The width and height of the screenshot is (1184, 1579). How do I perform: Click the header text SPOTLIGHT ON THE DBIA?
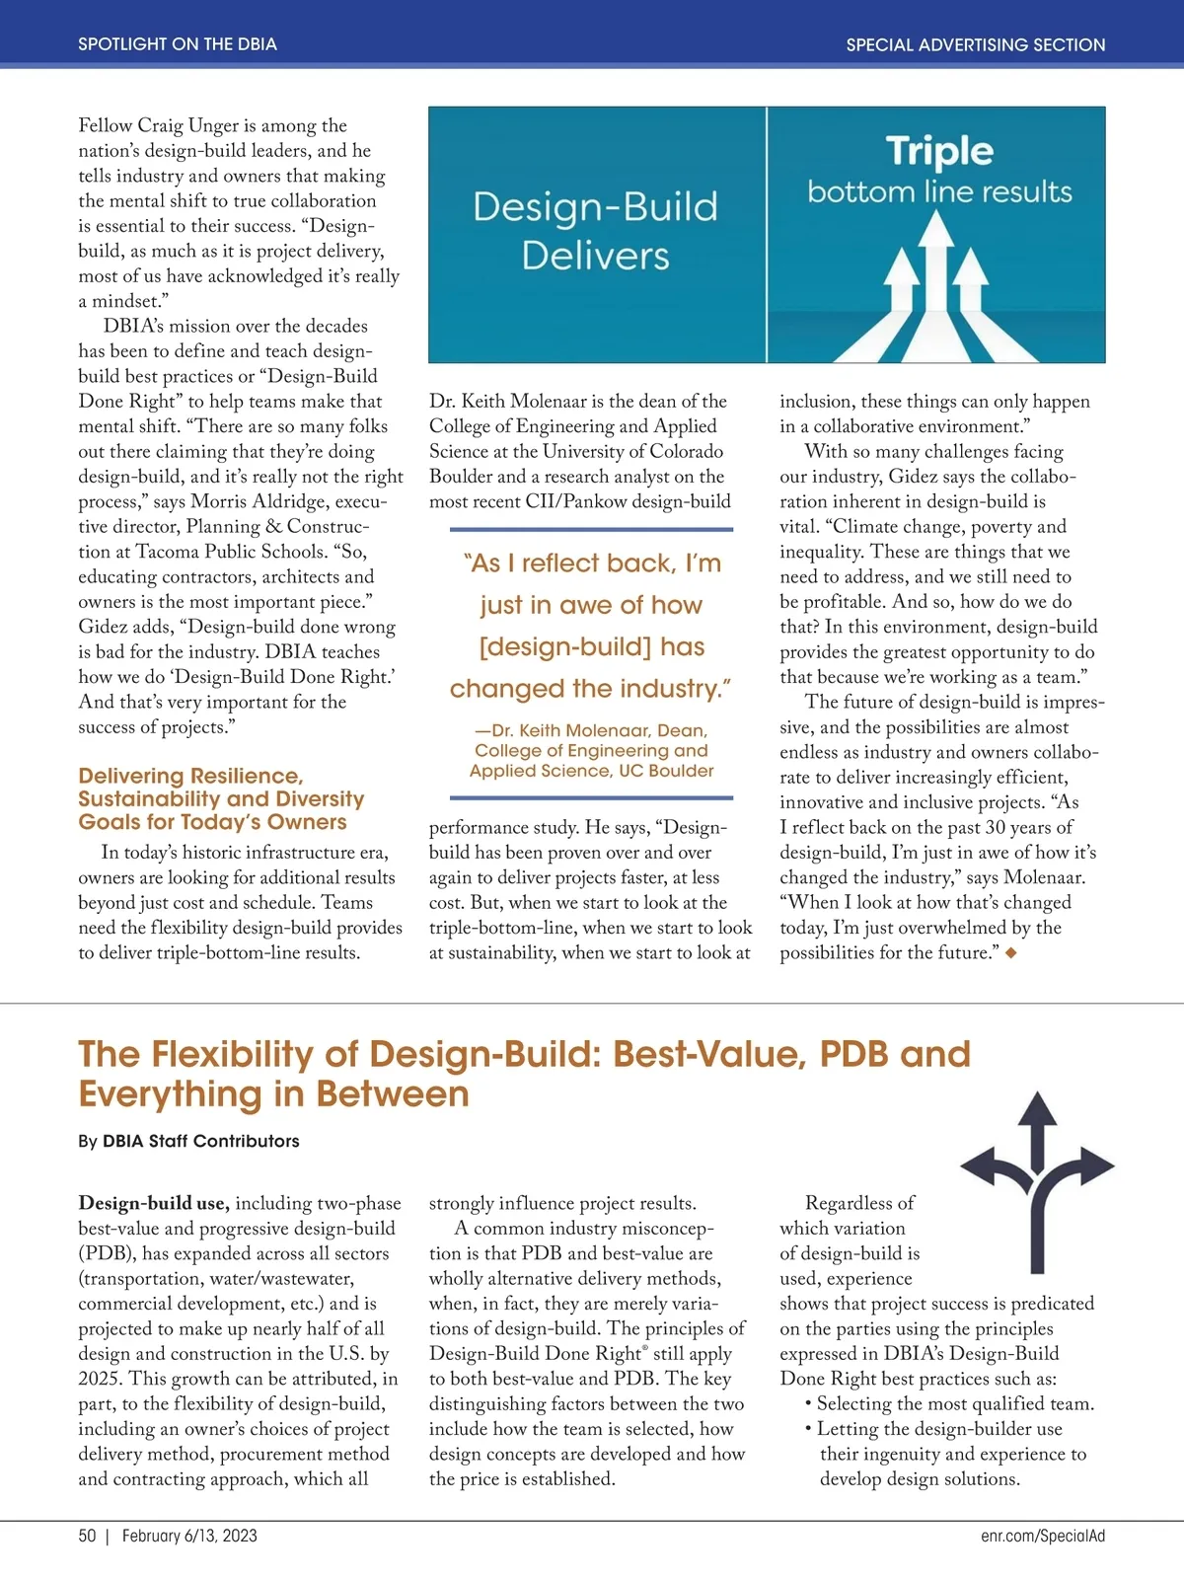click(178, 44)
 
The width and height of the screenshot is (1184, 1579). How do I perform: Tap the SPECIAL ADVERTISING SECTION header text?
click(975, 44)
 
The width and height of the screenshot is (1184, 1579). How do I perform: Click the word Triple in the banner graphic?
click(939, 151)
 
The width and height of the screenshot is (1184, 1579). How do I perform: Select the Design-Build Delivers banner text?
click(596, 231)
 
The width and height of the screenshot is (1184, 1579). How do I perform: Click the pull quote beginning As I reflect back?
click(590, 626)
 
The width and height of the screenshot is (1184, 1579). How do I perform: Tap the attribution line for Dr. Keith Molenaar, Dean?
click(591, 751)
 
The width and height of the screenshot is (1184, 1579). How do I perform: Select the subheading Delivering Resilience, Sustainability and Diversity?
click(221, 798)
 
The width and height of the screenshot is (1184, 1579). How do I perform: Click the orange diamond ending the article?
click(1010, 952)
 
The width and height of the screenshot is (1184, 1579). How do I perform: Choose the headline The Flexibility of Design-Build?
click(523, 1074)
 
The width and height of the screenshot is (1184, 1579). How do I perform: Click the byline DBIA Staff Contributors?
click(200, 1141)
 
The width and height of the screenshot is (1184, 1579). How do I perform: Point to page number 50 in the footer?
click(88, 1536)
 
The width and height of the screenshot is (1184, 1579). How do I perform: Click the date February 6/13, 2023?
click(189, 1536)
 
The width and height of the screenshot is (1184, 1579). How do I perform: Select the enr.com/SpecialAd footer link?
click(1043, 1536)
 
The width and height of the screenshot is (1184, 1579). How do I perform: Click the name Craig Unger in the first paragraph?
click(177, 125)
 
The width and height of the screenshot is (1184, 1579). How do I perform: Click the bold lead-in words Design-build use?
click(154, 1203)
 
